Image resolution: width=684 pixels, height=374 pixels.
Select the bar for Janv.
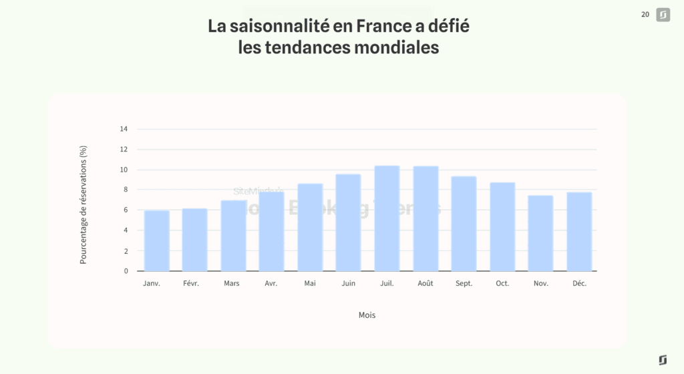[x=156, y=241]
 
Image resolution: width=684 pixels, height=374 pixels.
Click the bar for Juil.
[x=387, y=218]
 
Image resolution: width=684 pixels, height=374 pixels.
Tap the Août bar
[x=425, y=218]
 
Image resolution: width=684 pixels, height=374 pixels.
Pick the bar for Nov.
[x=541, y=233]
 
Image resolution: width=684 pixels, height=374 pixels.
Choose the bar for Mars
[x=233, y=236]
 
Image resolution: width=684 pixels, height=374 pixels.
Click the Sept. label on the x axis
[x=464, y=283]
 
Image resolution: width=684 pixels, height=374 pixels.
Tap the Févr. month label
[x=195, y=283]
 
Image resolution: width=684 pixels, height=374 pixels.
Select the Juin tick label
[x=348, y=283]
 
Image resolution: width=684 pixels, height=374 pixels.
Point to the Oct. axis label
[x=502, y=283]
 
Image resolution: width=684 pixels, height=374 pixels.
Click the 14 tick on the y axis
[x=124, y=129]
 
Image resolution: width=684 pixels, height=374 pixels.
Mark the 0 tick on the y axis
[x=126, y=271]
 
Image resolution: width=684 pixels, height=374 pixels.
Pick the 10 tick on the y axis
[x=124, y=170]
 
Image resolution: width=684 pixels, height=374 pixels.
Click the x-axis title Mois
[x=367, y=315]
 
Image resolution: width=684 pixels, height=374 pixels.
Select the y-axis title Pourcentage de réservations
[x=83, y=204]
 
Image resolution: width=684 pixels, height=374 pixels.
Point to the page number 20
[x=645, y=14]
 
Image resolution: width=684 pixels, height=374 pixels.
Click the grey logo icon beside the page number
[x=663, y=15]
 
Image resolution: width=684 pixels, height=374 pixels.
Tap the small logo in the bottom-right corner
[x=663, y=360]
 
